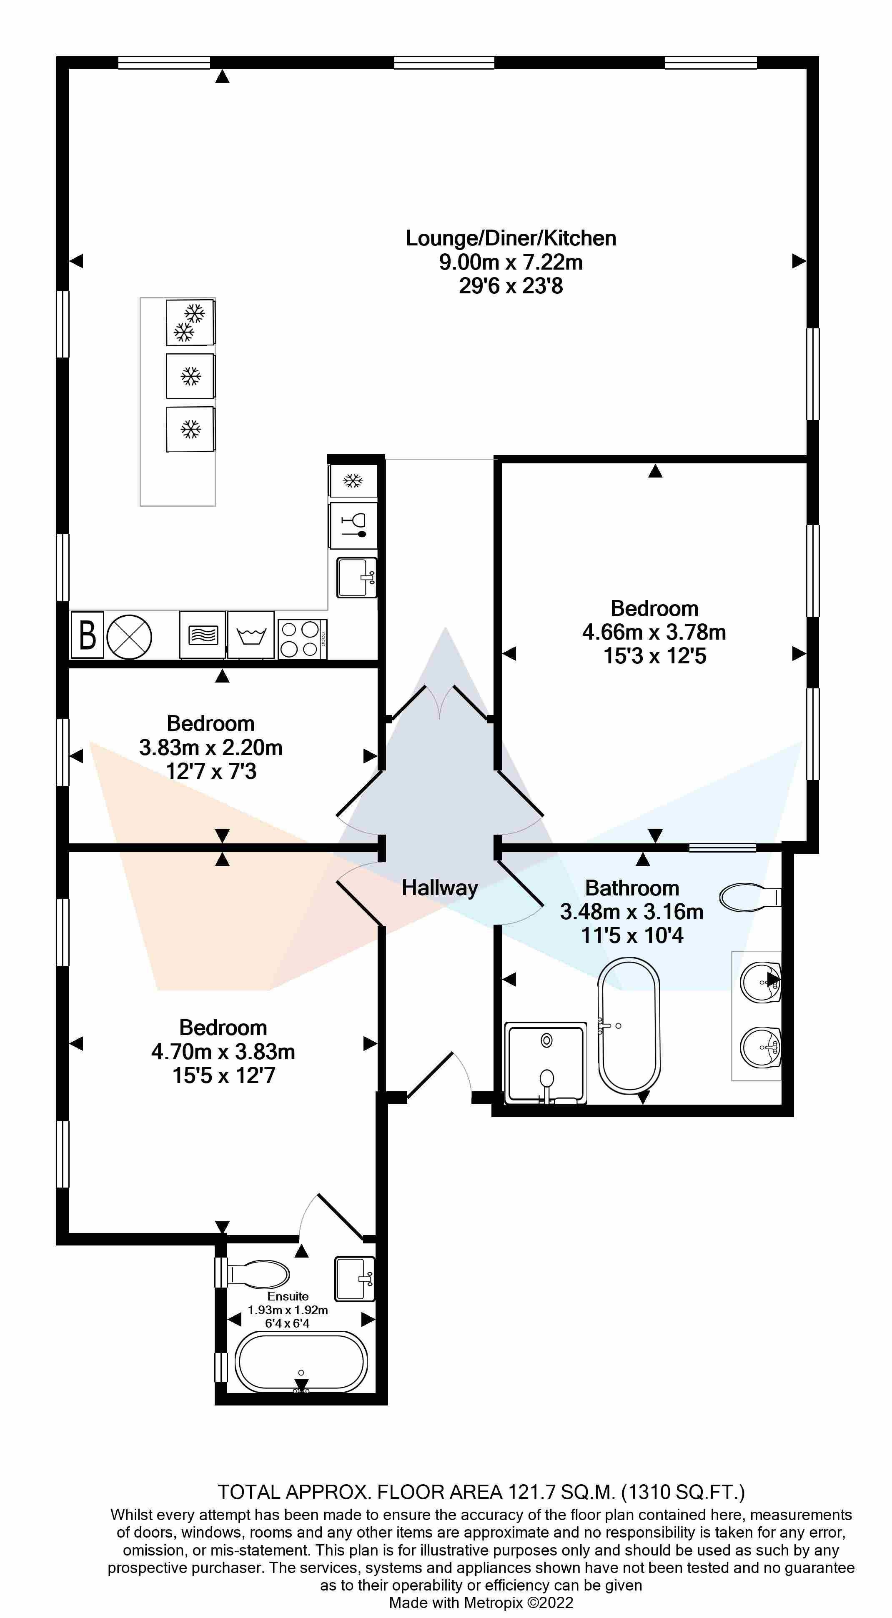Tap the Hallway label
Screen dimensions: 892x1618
[x=440, y=888]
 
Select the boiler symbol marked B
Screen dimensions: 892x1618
[x=87, y=635]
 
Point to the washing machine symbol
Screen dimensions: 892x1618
[x=251, y=635]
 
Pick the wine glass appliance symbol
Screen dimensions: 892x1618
[x=353, y=525]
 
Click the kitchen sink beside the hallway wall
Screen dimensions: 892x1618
[x=357, y=577]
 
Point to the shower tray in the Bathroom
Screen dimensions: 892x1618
[x=546, y=1062]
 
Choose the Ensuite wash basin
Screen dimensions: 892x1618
[x=355, y=1278]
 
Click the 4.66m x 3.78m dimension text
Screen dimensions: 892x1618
[x=654, y=632]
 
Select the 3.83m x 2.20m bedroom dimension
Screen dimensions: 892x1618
[x=210, y=748]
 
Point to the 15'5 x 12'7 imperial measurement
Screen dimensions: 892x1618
[x=224, y=1075]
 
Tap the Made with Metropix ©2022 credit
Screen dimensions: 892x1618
[x=481, y=1602]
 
